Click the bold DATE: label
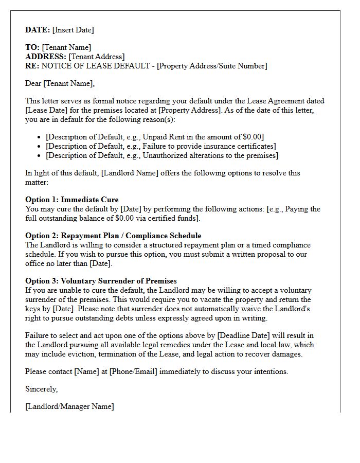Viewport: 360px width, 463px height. click(38, 30)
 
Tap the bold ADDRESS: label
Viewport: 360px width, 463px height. click(46, 57)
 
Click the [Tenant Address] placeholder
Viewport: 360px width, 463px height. click(96, 57)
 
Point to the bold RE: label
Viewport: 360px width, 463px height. click(32, 66)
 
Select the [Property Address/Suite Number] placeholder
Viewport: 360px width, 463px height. click(212, 66)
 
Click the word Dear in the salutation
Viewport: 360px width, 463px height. click(33, 83)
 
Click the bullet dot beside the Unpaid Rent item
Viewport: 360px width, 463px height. click(40, 137)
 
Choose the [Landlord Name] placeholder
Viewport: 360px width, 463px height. click(130, 173)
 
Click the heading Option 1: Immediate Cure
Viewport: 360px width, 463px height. click(71, 200)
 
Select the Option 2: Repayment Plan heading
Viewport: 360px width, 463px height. click(113, 236)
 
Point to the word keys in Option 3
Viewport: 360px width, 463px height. click(33, 309)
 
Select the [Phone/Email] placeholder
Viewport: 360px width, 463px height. click(133, 371)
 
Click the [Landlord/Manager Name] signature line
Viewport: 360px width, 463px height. click(69, 406)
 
